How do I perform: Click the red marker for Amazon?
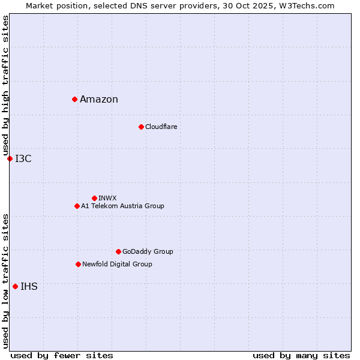[x=74, y=99]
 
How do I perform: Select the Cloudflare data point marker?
[x=141, y=127]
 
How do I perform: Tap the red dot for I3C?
[x=10, y=158]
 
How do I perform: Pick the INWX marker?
[x=94, y=198]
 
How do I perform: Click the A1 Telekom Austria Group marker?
[x=77, y=206]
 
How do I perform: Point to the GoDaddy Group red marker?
[x=118, y=251]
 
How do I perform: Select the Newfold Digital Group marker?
[x=78, y=264]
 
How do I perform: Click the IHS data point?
[x=15, y=286]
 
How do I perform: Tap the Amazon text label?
[x=99, y=100]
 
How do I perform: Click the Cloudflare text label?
[x=161, y=127]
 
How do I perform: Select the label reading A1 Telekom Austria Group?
[x=122, y=206]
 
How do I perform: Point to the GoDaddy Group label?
[x=148, y=251]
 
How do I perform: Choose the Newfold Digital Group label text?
[x=117, y=264]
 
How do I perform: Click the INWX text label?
[x=107, y=198]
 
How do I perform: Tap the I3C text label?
[x=23, y=158]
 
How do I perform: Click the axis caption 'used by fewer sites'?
[x=62, y=355]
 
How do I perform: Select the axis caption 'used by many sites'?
[x=301, y=355]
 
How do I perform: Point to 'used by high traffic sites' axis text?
[x=5, y=85]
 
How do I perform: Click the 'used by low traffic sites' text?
[x=5, y=281]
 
